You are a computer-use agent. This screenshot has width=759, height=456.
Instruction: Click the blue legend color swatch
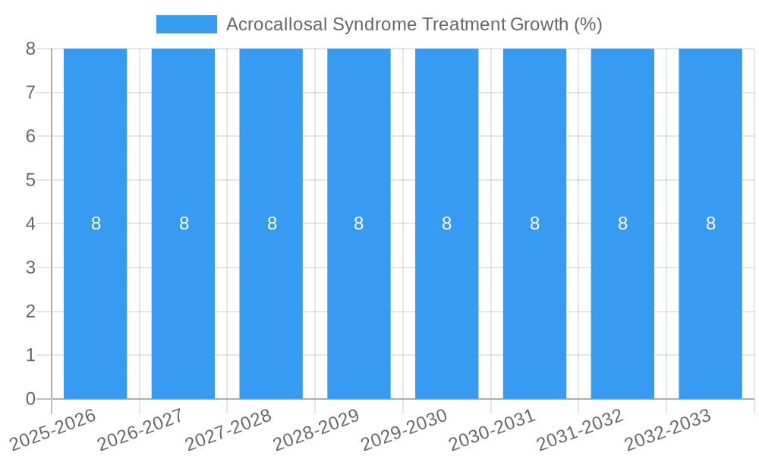coord(186,24)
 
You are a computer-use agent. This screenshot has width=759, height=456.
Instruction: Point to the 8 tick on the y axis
coord(30,49)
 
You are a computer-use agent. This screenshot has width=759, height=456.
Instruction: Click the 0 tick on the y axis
coord(30,399)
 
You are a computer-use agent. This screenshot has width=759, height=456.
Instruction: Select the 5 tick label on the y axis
coord(30,180)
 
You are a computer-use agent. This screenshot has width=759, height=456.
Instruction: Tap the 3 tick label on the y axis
coord(30,268)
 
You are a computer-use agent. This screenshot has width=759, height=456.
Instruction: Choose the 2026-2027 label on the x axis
coord(140,429)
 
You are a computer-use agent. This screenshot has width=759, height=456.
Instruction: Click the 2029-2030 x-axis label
coord(404,429)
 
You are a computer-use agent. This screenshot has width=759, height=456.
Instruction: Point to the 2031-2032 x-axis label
coord(580,429)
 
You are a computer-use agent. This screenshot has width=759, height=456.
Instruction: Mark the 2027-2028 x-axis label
coord(228,429)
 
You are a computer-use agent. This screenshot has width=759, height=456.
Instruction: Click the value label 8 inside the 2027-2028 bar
coord(272,223)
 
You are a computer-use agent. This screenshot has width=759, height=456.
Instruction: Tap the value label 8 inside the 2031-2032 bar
coord(622,223)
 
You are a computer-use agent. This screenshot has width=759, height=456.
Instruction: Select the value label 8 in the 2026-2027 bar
coord(184,223)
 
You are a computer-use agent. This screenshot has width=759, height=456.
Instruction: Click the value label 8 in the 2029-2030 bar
coord(447,223)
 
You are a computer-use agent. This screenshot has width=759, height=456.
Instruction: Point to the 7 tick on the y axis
coord(30,93)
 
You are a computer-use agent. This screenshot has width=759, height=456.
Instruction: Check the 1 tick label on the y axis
coord(30,355)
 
